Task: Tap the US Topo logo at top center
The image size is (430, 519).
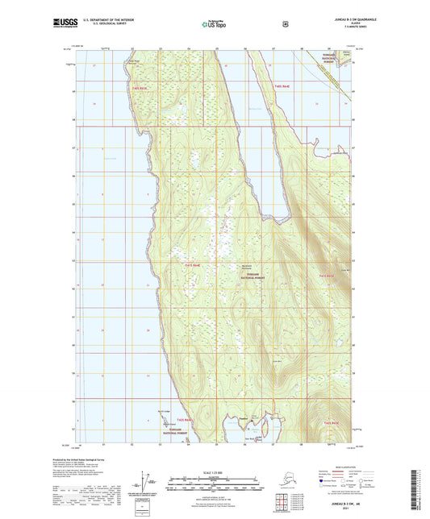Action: click(213, 25)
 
